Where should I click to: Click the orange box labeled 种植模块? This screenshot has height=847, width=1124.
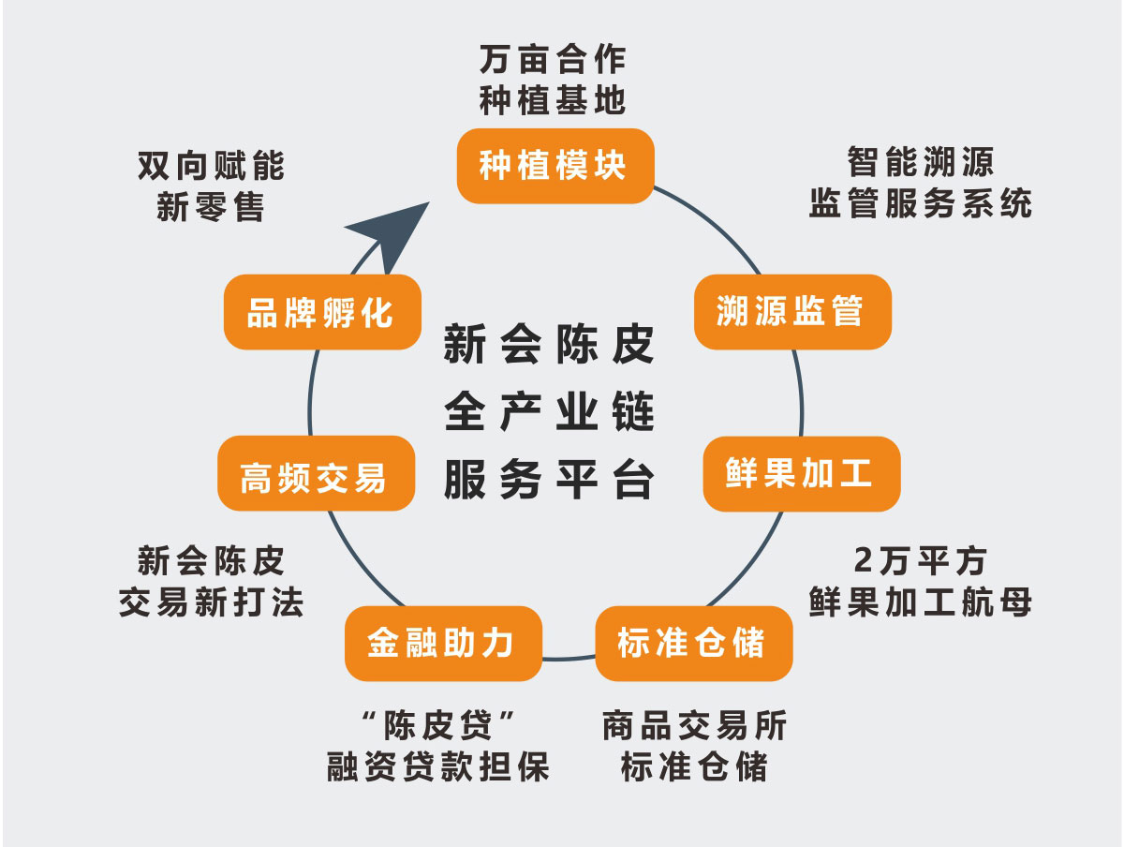coord(555,166)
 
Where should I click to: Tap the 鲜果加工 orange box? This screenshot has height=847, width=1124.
coord(801,473)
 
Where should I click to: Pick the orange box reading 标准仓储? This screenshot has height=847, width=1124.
coord(693,643)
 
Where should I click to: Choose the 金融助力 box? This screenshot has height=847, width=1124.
coord(443,643)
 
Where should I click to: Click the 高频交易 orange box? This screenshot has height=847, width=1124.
coord(315,473)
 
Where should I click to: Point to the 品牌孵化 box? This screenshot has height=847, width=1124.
coord(321,312)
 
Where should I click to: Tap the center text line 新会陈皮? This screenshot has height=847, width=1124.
coord(548,346)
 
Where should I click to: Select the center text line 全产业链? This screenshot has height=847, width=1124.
coord(548,412)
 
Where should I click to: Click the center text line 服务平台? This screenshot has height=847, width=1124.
coord(548,480)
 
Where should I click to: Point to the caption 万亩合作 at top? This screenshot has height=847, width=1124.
coord(553,59)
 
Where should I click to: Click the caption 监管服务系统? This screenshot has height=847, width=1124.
coord(920,203)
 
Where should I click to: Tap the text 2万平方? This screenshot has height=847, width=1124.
coord(920,561)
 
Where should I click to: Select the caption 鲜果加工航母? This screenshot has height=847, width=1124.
coord(920,602)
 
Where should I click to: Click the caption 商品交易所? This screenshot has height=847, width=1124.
coord(694,725)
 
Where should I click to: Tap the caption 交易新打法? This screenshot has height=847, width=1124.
coord(211,602)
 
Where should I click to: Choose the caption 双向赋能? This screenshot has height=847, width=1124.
coord(211,167)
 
